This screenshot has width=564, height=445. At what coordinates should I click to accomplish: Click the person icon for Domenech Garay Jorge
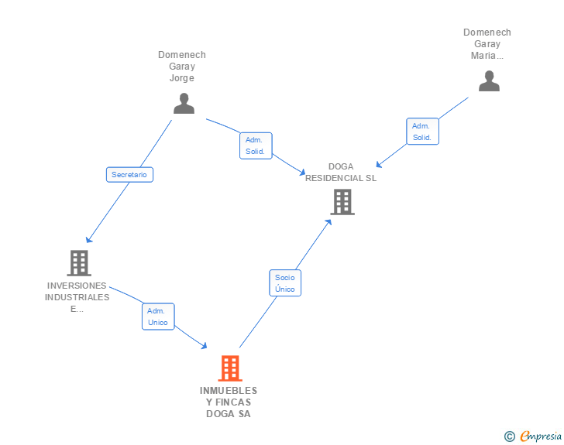184,104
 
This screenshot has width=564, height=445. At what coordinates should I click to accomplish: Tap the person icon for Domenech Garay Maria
489,81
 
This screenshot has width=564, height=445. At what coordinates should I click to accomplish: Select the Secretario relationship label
129,175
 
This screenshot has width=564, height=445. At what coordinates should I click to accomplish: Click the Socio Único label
285,282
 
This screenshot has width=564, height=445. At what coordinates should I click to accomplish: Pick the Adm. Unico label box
158,317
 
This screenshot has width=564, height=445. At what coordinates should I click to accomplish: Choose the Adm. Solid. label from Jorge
256,145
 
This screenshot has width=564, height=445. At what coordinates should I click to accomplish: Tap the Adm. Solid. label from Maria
422,132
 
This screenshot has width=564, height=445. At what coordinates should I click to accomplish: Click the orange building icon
230,368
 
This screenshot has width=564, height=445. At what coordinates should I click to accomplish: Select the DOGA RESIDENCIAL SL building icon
342,202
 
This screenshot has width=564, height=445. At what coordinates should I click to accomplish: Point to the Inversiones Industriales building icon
79,263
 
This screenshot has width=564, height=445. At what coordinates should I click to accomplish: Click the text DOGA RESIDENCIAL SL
341,172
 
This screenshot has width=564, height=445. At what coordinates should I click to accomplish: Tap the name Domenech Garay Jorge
182,67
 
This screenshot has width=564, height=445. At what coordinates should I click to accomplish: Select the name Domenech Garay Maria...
487,44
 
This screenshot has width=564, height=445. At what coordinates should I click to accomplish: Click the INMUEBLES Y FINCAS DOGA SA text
229,402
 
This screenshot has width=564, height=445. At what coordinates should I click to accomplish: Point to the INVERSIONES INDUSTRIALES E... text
77,297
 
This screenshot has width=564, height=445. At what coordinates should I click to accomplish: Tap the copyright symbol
510,436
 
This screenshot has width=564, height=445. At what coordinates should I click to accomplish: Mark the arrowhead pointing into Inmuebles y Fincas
205,346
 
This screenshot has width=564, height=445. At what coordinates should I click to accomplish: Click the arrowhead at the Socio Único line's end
328,221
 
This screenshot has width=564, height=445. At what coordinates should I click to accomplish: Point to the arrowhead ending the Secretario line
88,240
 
